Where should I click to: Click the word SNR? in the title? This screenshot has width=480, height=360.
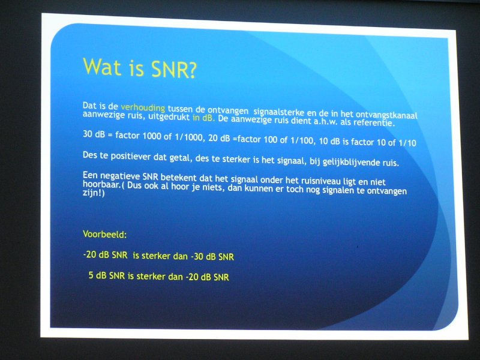(x=173, y=69)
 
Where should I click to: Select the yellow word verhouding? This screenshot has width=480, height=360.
(x=143, y=108)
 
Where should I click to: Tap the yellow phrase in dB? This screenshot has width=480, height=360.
(x=203, y=118)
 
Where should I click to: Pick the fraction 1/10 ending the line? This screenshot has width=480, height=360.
(x=407, y=143)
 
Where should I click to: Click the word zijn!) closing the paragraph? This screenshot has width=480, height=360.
(x=94, y=193)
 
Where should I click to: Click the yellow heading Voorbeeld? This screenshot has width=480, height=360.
(x=104, y=235)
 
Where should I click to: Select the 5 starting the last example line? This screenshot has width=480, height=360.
(x=91, y=275)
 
